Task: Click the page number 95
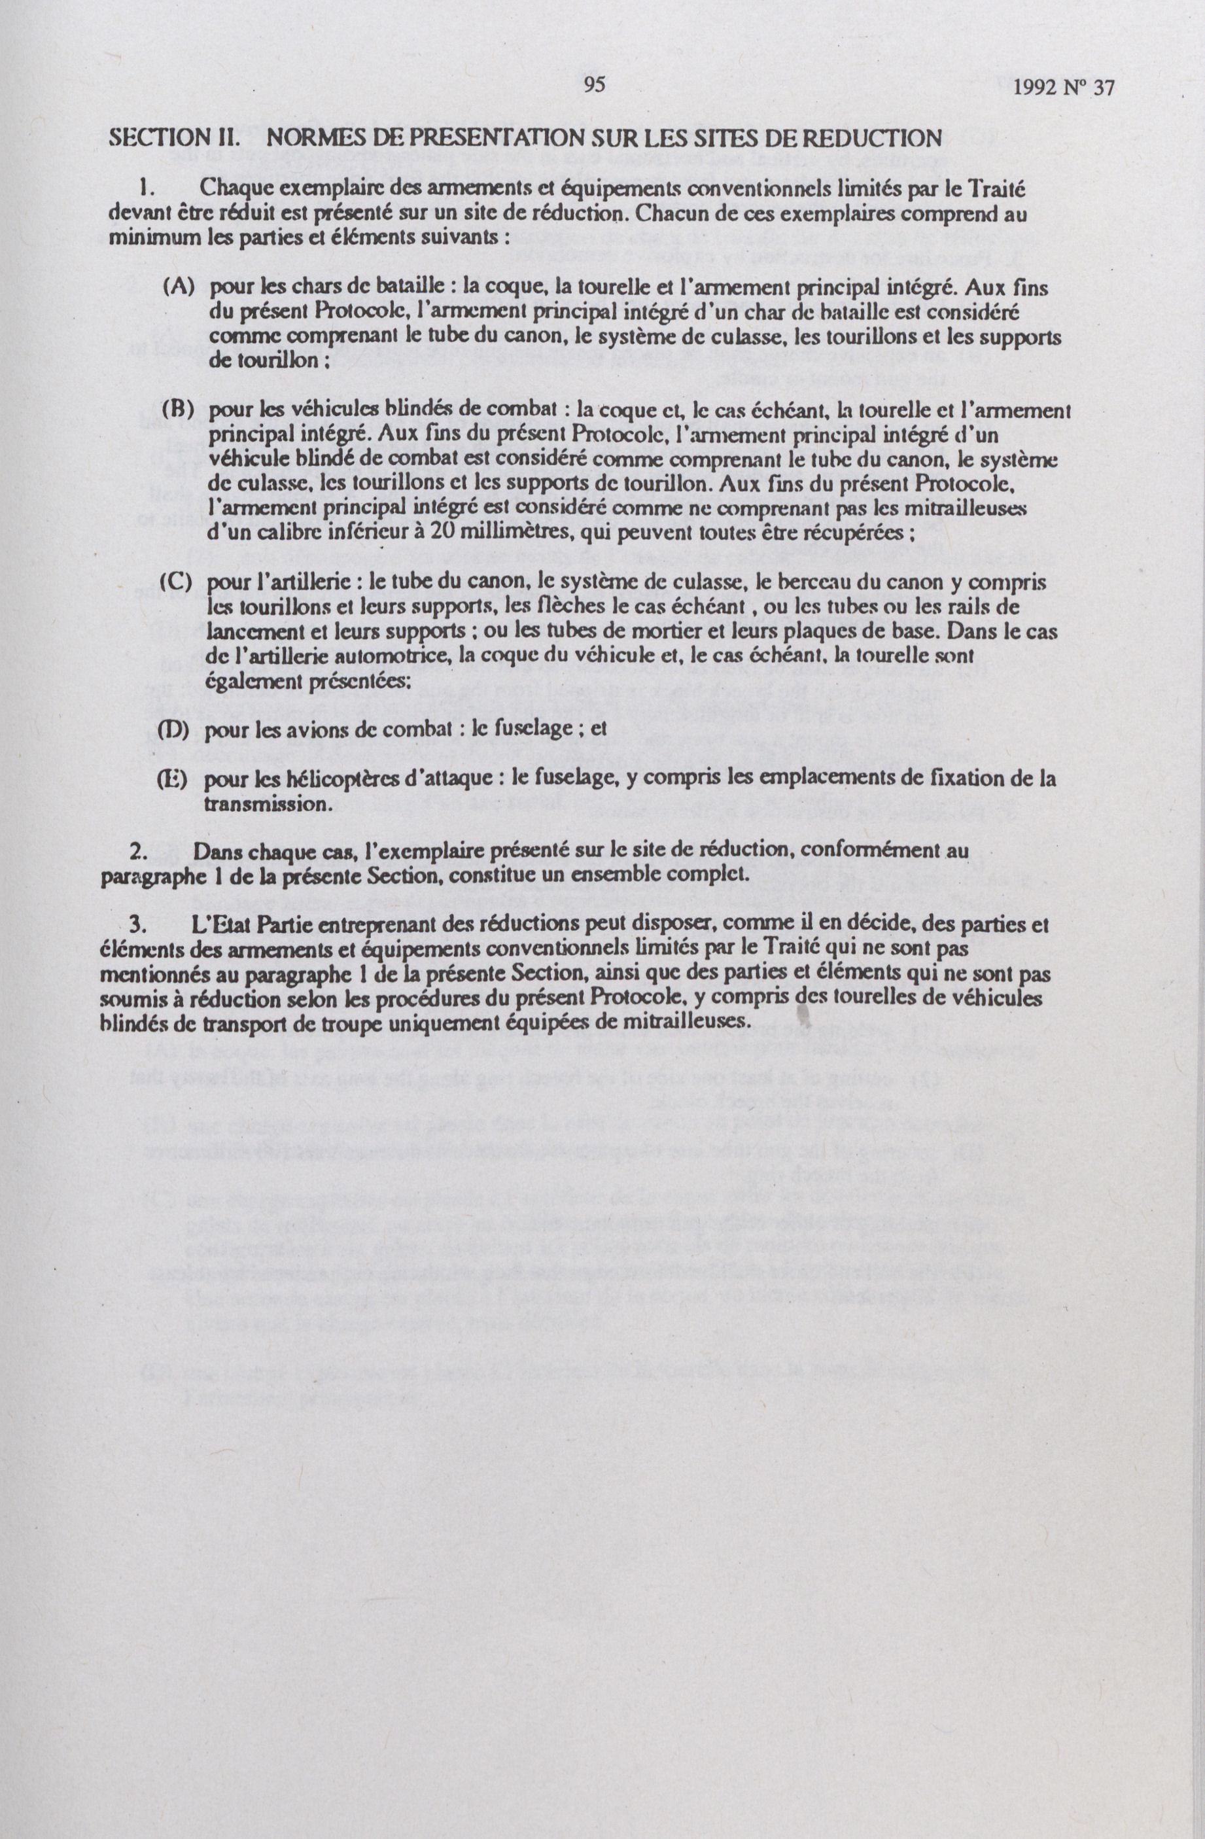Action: (x=594, y=85)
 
